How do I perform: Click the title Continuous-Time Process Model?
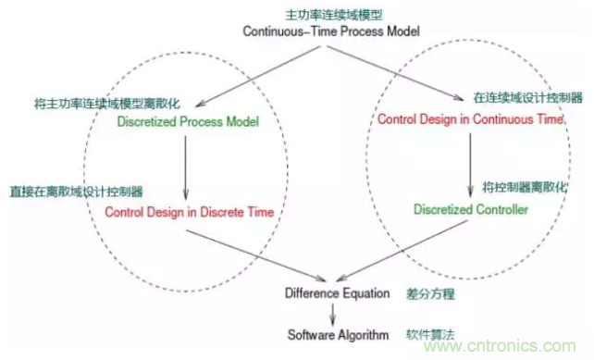[330, 31]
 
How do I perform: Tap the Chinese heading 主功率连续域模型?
[331, 15]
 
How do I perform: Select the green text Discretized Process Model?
[188, 122]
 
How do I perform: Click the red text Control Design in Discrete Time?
[190, 213]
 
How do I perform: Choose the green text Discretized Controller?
[471, 210]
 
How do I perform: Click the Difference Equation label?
[332, 293]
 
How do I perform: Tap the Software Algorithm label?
[332, 335]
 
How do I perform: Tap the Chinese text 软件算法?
[427, 334]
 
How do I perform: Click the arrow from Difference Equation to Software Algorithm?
[331, 314]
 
